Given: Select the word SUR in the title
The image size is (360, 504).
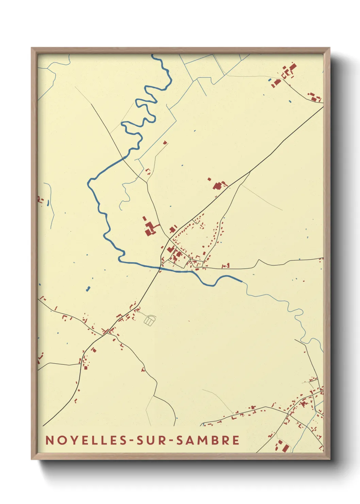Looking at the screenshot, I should click(x=152, y=440).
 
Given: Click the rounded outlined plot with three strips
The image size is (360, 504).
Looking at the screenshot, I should click(x=150, y=320).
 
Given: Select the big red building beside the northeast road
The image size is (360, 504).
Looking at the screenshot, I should click(x=217, y=186).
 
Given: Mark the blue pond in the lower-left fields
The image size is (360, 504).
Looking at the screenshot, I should click(x=88, y=289).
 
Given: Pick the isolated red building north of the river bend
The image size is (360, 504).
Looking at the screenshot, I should click(x=165, y=143).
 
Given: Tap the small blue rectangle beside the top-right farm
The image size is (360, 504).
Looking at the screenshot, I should click(x=270, y=80).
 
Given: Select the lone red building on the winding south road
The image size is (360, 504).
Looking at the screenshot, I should click(x=143, y=369).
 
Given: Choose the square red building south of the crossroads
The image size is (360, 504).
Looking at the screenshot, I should click(x=94, y=350).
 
